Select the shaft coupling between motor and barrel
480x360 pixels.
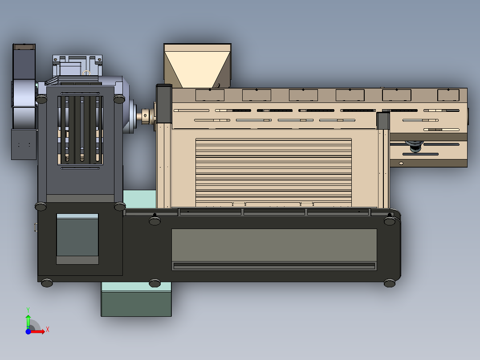(x=146, y=115)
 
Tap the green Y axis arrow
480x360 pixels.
(x=28, y=319)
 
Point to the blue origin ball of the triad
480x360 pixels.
(x=28, y=331)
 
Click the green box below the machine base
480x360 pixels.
(x=136, y=299)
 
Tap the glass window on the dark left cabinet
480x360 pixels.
(x=77, y=238)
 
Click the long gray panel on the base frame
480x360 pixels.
(x=274, y=245)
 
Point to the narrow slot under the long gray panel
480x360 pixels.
(x=274, y=266)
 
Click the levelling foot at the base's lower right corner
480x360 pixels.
(x=390, y=283)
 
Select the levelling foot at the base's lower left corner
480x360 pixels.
(x=47, y=282)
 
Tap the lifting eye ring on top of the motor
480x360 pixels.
(x=87, y=73)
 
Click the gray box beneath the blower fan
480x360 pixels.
(x=23, y=144)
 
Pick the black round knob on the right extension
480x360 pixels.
(x=415, y=147)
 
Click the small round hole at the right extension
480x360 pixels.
(x=401, y=164)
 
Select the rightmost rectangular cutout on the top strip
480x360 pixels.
(x=448, y=95)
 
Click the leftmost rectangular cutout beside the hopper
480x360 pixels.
(x=210, y=95)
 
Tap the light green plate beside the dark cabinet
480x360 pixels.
(x=139, y=198)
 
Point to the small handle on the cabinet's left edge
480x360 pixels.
(x=35, y=227)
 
